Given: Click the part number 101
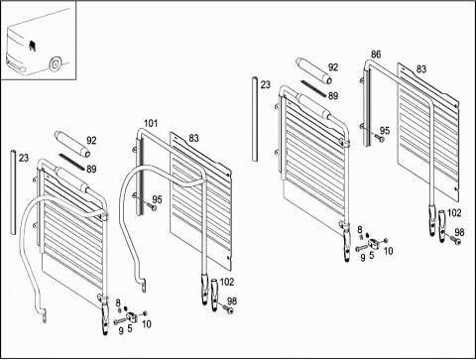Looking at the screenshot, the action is click(151, 124).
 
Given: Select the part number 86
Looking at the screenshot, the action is click(376, 55).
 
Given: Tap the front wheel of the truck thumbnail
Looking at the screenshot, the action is click(55, 64).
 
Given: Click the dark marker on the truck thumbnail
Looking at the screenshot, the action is click(33, 47).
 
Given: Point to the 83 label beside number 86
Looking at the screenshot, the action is click(421, 69).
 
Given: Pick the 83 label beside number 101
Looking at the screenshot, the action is click(193, 138).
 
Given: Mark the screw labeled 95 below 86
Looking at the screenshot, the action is click(379, 138).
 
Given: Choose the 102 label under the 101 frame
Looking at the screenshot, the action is click(227, 282).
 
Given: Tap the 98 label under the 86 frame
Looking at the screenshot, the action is click(459, 232).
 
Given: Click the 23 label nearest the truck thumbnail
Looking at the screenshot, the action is click(24, 158).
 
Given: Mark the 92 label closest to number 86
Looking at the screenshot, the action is click(333, 67).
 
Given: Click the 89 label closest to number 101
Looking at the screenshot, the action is click(91, 170).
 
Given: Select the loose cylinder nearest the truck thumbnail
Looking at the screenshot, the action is click(72, 144).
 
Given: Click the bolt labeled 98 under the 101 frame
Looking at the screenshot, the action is click(227, 309).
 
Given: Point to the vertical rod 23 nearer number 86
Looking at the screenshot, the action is click(255, 119).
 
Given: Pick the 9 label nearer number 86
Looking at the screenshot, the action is click(363, 258).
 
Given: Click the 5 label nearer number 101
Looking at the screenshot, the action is click(130, 328).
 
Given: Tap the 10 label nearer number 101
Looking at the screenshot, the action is click(147, 324).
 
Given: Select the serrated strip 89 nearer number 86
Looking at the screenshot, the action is click(313, 88).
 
